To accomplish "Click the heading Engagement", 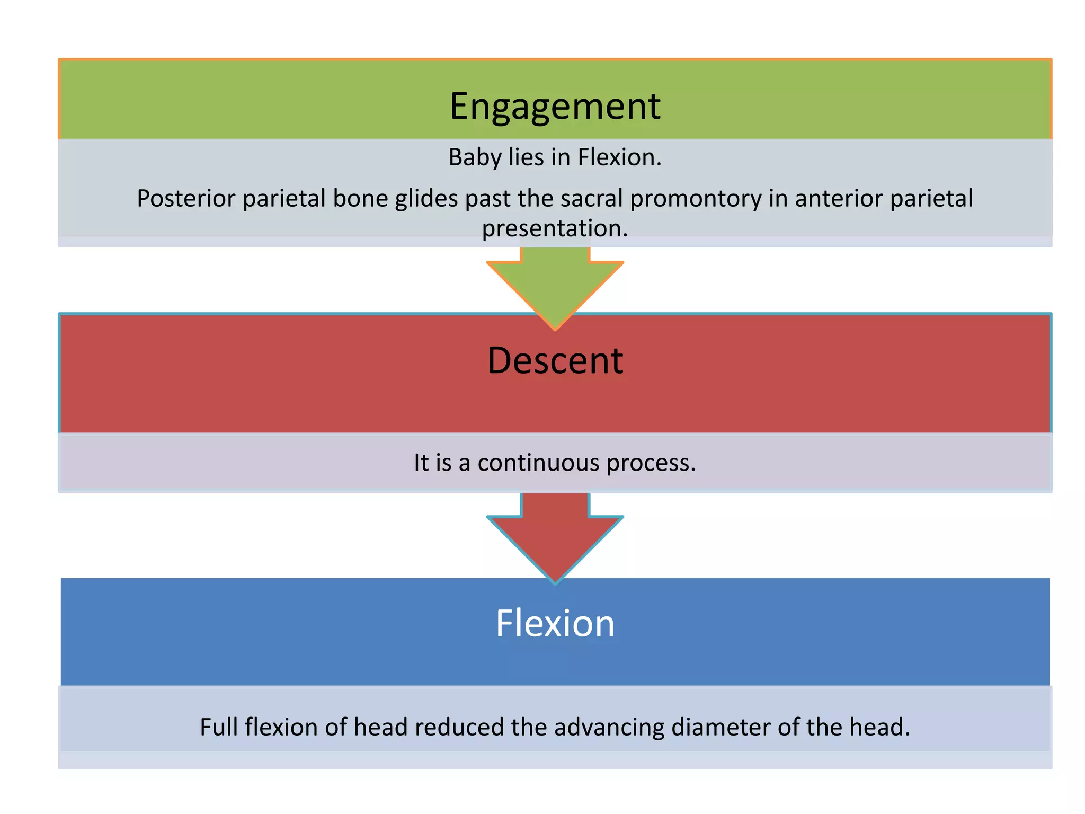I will coord(555,107).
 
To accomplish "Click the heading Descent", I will coord(555,361).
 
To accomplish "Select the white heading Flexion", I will coord(555,623).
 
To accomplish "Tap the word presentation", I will coord(555,229).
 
